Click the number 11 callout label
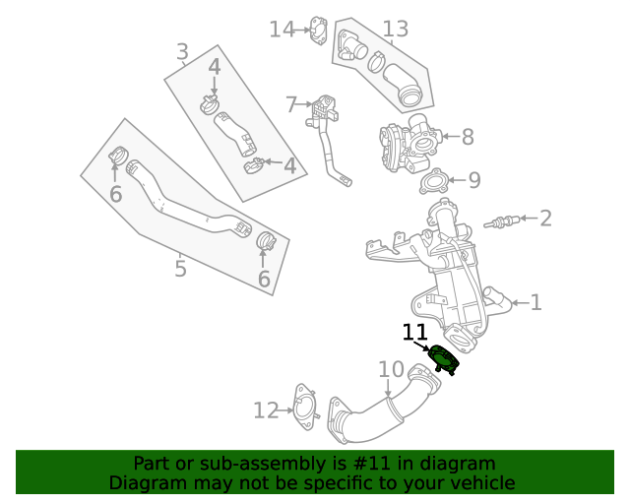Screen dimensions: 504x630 click(x=414, y=333)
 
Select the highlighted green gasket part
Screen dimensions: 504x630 click(x=444, y=358)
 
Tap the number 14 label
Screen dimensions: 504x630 click(x=282, y=30)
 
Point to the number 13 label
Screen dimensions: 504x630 click(x=395, y=30)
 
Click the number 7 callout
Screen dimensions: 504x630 click(x=291, y=103)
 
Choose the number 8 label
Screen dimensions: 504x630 click(x=467, y=137)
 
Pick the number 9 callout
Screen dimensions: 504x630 click(x=473, y=180)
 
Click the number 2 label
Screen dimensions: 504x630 click(x=544, y=218)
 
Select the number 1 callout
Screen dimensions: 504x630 click(x=535, y=302)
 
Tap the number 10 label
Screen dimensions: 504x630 click(x=391, y=370)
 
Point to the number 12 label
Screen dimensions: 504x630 click(x=266, y=410)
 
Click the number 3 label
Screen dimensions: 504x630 click(x=182, y=51)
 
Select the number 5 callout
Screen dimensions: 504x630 click(x=180, y=268)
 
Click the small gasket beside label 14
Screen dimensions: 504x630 click(x=318, y=30)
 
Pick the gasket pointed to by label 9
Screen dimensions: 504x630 click(x=432, y=182)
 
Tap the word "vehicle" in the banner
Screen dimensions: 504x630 click(x=480, y=482)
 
